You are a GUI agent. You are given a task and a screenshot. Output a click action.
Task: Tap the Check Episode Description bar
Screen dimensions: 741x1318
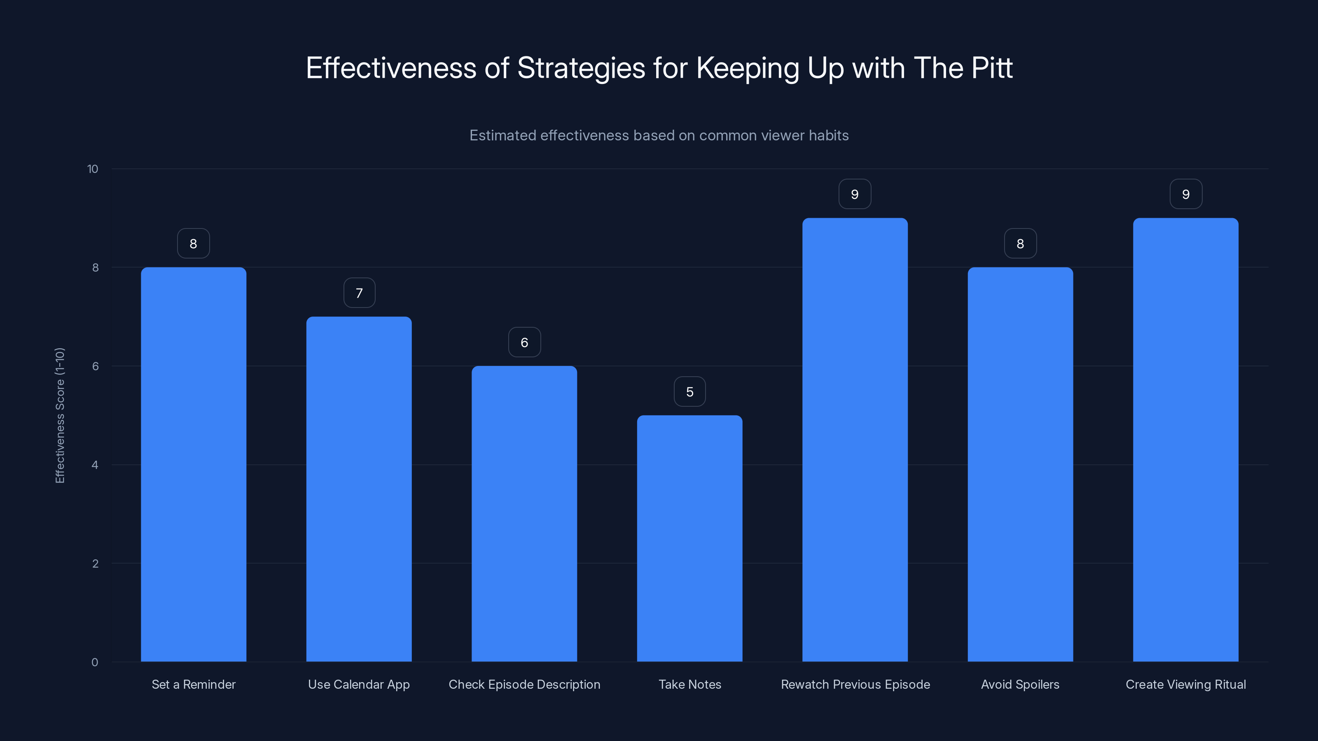click(x=524, y=513)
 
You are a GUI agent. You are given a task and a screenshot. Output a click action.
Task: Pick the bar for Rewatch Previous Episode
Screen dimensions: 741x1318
click(x=855, y=440)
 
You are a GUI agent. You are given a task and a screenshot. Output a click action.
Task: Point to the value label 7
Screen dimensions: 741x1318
click(x=359, y=293)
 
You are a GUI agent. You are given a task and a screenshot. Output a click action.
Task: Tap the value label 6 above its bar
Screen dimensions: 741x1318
click(x=524, y=342)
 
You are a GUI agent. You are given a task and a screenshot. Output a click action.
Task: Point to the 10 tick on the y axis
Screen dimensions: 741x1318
click(x=93, y=169)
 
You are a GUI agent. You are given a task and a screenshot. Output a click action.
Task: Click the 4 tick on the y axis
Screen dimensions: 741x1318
click(x=95, y=465)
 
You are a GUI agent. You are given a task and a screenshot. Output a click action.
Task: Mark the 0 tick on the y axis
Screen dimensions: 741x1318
click(x=95, y=662)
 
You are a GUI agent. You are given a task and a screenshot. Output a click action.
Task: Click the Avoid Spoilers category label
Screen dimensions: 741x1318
click(x=1020, y=684)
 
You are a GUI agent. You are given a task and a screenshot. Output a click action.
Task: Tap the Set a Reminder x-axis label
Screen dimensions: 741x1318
click(x=194, y=684)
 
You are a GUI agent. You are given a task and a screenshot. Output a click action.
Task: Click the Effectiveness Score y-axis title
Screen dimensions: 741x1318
click(x=60, y=415)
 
